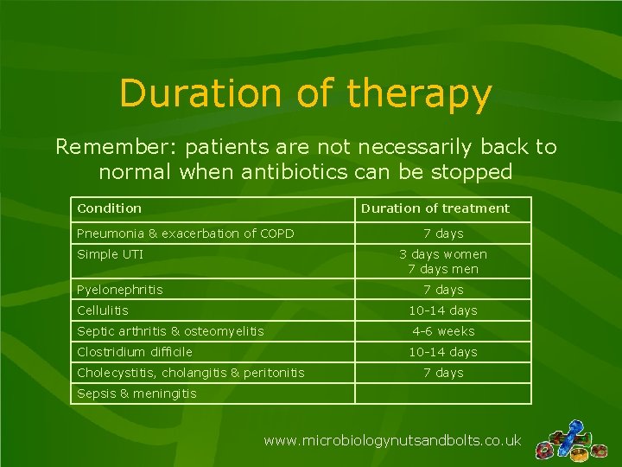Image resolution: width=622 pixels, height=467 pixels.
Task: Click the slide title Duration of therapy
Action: pos(306,93)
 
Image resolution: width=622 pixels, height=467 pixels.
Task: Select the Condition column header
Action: pos(109,208)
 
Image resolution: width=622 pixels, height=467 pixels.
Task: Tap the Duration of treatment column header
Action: pos(435,208)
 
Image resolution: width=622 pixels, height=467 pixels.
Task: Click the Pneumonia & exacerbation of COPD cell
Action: pos(186,233)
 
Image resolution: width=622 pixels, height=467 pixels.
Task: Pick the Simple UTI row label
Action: pos(110,254)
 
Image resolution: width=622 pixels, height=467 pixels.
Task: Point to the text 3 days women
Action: pos(443,254)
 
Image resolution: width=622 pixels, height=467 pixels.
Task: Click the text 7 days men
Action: pos(443,269)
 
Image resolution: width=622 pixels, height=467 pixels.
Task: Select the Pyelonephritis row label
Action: pos(120,290)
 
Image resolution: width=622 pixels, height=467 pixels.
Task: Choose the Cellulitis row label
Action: pos(103,310)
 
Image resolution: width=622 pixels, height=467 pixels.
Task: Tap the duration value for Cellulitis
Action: pos(443,310)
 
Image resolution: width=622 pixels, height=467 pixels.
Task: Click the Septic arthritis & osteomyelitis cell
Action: pos(170,331)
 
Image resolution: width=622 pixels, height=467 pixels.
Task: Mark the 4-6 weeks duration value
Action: pos(443,331)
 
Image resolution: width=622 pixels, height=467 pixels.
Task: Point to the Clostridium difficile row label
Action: pos(135,352)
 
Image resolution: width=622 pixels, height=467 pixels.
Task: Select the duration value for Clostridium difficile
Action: pos(443,352)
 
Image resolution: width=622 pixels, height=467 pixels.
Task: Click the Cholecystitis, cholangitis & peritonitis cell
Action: pos(191,373)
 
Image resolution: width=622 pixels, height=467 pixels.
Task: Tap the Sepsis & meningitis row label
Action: pos(136,393)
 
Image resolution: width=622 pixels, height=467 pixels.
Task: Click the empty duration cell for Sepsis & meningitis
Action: pos(443,393)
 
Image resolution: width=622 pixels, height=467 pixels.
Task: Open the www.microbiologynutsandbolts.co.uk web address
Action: pos(392,441)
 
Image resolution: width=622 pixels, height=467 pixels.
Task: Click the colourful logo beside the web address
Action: pos(571,442)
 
